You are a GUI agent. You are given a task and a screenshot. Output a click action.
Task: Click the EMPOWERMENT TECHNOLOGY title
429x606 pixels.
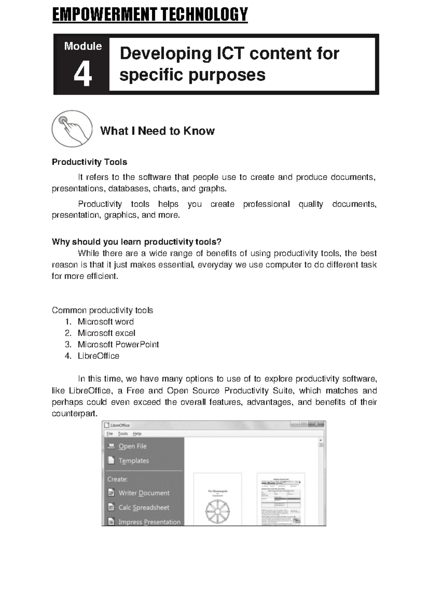pyautogui.click(x=150, y=15)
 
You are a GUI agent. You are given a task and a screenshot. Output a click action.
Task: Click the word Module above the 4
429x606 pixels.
pyautogui.click(x=83, y=46)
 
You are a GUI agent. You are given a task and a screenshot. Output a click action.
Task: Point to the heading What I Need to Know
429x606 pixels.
pyautogui.click(x=157, y=131)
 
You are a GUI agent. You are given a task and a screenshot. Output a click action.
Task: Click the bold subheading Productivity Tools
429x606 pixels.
pyautogui.click(x=89, y=162)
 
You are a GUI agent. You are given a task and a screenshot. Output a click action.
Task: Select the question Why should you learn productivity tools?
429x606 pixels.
pyautogui.click(x=137, y=242)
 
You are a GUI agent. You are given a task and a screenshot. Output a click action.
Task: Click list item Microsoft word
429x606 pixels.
pyautogui.click(x=105, y=322)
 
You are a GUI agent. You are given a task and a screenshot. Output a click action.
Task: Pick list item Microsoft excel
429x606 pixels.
pyautogui.click(x=106, y=333)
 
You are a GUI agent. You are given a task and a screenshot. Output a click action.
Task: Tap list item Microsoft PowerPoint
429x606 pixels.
pyautogui.click(x=118, y=344)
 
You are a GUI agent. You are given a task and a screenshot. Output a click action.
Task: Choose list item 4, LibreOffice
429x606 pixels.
pyautogui.click(x=98, y=356)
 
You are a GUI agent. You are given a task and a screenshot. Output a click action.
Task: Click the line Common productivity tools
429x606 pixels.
pyautogui.click(x=102, y=310)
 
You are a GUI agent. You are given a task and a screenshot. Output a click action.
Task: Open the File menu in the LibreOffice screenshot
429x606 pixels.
pyautogui.click(x=109, y=433)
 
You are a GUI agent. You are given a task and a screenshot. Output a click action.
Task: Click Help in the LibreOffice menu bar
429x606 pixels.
pyautogui.click(x=137, y=433)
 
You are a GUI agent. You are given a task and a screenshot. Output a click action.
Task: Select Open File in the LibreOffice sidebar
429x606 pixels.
pyautogui.click(x=132, y=446)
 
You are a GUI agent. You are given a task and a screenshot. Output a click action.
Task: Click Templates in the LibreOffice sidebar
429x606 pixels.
pyautogui.click(x=133, y=461)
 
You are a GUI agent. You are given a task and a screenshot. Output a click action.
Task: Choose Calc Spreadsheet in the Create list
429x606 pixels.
pyautogui.click(x=143, y=507)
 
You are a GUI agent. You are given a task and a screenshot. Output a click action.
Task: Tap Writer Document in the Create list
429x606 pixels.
pyautogui.click(x=144, y=493)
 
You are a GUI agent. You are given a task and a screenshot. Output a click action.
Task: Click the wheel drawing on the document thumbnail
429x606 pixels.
pyautogui.click(x=217, y=512)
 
